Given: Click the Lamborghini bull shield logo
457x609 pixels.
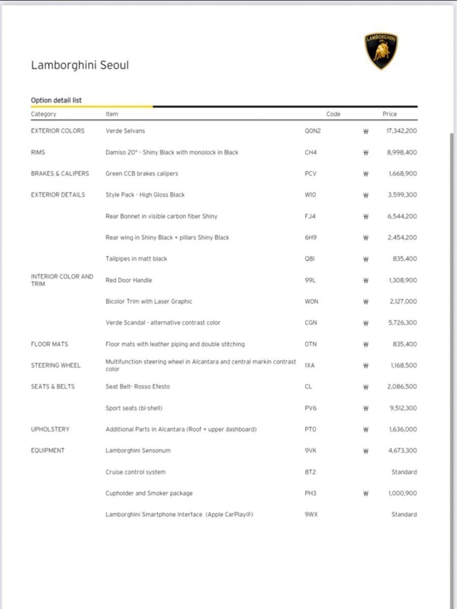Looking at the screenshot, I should click(x=381, y=51).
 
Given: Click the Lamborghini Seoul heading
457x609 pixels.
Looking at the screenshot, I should click(x=80, y=65).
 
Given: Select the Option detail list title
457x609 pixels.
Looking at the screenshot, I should click(x=56, y=100).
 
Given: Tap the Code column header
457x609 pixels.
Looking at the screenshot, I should click(x=333, y=114).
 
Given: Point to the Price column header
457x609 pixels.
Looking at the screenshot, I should click(x=389, y=114).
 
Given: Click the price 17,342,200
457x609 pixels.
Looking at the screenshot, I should click(x=402, y=131).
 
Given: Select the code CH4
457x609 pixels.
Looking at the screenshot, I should click(x=310, y=152).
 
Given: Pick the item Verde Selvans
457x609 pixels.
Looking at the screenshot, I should click(x=125, y=131).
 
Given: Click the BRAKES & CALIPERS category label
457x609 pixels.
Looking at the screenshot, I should click(x=60, y=174).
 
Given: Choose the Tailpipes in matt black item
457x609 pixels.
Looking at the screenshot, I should click(x=136, y=259).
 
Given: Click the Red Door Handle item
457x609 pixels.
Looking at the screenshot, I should click(x=128, y=280).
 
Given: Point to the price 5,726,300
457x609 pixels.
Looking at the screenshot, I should click(x=402, y=323).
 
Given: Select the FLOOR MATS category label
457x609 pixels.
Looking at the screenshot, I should click(x=49, y=344).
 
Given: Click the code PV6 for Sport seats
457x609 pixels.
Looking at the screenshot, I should click(x=310, y=408).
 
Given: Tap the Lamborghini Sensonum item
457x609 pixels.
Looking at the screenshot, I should click(x=138, y=451).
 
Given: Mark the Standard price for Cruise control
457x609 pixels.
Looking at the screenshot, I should click(x=404, y=472).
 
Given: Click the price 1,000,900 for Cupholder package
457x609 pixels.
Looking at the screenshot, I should click(x=402, y=493).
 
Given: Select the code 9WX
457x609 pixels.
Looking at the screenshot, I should click(x=311, y=515).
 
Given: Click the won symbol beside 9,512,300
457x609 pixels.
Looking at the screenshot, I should click(x=366, y=409).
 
